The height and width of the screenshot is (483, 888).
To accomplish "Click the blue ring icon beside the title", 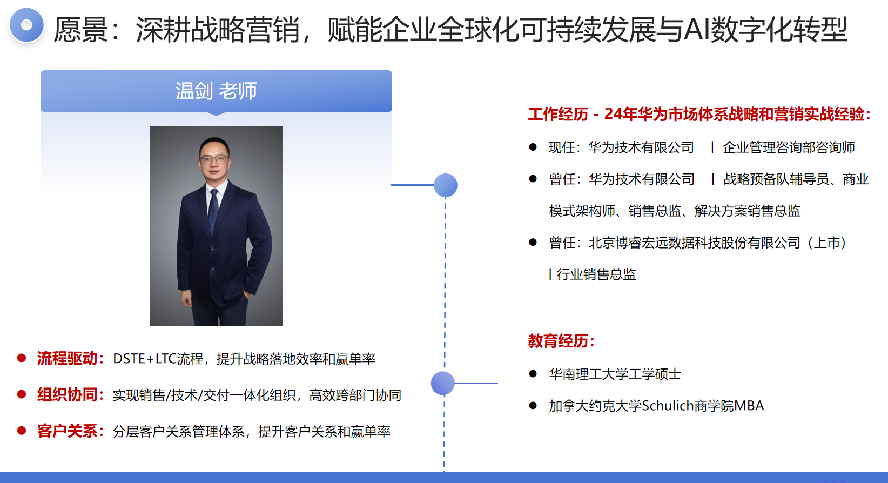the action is click(x=26, y=25).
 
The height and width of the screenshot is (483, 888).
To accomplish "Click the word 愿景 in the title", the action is click(x=81, y=30).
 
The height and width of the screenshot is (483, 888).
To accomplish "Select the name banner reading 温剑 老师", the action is click(x=216, y=91).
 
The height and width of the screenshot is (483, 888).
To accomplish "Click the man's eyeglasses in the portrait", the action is click(x=214, y=160).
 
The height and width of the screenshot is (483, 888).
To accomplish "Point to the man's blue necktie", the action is click(x=214, y=210).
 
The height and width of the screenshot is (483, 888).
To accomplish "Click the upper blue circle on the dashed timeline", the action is click(x=446, y=185).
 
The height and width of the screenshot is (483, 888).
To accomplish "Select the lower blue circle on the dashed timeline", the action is click(x=443, y=383).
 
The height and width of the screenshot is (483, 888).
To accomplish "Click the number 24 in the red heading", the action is click(x=613, y=114).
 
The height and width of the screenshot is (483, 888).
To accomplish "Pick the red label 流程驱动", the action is click(x=67, y=359).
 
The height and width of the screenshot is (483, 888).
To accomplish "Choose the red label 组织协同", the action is click(x=67, y=395).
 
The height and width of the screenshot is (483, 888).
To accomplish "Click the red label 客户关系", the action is click(x=67, y=431).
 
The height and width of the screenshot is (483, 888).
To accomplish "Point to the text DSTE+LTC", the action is click(x=145, y=359).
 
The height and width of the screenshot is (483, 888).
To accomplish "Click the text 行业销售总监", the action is click(x=596, y=274).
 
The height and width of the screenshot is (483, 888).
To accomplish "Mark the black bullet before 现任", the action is click(x=533, y=147).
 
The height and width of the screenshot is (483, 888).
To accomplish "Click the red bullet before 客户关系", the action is click(x=22, y=431).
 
